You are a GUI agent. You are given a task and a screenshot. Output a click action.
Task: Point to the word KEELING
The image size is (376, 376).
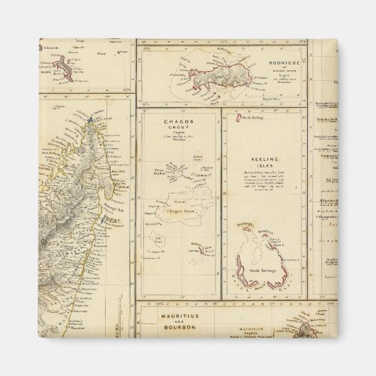264,160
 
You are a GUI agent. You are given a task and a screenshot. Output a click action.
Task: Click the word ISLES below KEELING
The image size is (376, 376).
264,167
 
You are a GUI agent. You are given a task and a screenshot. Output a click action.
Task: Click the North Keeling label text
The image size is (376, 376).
253,117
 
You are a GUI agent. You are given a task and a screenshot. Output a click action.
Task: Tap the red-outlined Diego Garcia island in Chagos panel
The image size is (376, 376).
203,249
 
